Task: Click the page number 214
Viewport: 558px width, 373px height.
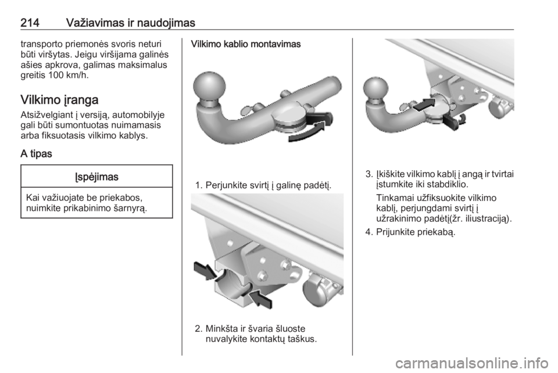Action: [x=30, y=23]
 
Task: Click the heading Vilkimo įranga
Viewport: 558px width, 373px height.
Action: [x=59, y=99]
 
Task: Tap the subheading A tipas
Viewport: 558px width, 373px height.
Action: [x=36, y=154]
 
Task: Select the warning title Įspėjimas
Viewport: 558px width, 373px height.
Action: [x=97, y=177]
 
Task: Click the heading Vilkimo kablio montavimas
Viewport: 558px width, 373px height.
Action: [x=246, y=44]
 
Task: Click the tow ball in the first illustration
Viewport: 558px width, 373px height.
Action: [x=209, y=87]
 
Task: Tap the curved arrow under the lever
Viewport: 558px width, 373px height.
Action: [x=307, y=132]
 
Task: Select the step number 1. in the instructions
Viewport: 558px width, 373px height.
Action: [x=199, y=185]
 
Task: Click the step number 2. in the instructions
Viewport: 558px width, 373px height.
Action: [x=199, y=328]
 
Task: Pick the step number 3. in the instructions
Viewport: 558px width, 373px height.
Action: [x=369, y=174]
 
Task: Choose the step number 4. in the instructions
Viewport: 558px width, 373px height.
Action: [x=369, y=232]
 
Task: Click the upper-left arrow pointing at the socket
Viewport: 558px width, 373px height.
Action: [x=205, y=270]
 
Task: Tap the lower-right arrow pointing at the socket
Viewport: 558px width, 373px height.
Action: [x=260, y=298]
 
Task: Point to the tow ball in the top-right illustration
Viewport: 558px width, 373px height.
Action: [x=376, y=90]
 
